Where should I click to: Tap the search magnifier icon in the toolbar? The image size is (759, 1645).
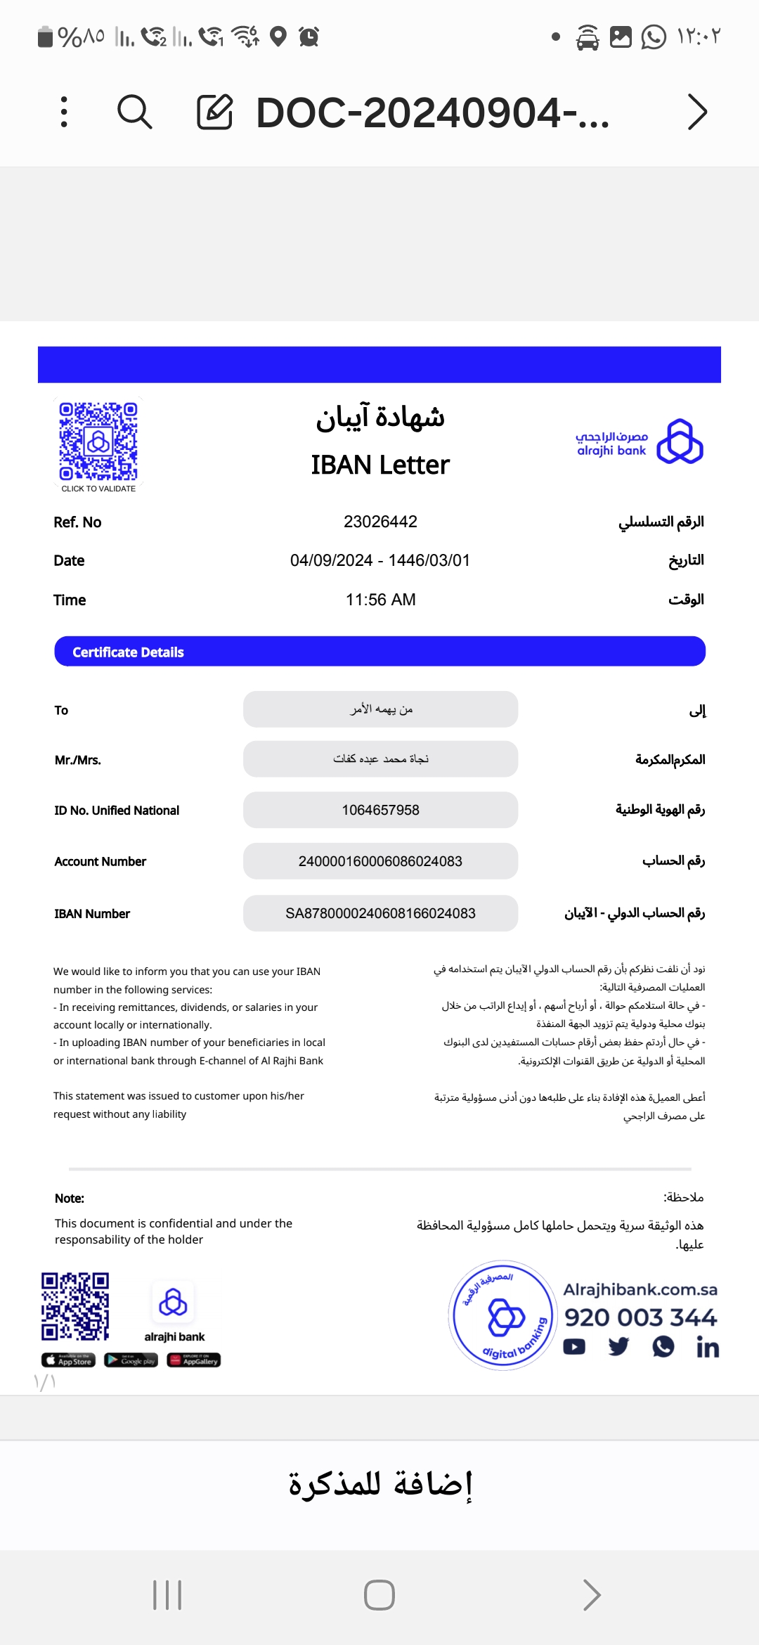[x=134, y=112]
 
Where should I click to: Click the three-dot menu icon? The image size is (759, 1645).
[x=64, y=112]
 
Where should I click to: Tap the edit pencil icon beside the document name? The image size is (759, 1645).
[x=214, y=112]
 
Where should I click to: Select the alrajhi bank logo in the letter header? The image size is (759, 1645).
[x=639, y=442]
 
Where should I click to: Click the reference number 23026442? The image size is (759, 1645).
[x=380, y=522]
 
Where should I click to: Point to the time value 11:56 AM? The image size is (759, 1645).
[x=380, y=600]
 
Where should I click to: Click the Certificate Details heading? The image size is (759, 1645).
[x=128, y=652]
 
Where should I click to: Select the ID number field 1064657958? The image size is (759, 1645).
[x=380, y=810]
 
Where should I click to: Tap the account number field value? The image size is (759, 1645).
[x=380, y=861]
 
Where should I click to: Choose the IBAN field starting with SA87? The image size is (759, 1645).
[x=380, y=913]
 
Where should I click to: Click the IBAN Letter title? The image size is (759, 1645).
[x=380, y=465]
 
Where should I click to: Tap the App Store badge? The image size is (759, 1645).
[x=68, y=1360]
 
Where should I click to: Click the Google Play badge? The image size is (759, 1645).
[x=131, y=1360]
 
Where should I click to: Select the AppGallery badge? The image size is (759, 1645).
[x=194, y=1360]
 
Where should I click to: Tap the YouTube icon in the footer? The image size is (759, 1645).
[x=574, y=1347]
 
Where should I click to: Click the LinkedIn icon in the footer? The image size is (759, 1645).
[x=708, y=1347]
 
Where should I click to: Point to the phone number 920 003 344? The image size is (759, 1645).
[x=640, y=1317]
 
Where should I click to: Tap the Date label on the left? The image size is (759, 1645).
[x=69, y=560]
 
